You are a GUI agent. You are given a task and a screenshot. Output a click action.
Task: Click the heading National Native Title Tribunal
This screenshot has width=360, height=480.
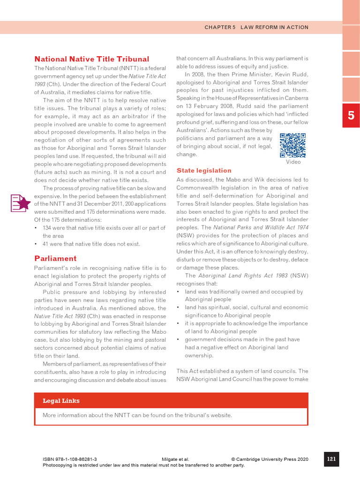click(92, 59)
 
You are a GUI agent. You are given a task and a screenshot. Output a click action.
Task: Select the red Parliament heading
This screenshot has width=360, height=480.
click(55, 258)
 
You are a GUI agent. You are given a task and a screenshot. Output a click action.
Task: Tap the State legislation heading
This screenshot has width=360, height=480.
click(204, 171)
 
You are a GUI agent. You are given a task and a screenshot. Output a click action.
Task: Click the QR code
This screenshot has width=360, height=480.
click(293, 145)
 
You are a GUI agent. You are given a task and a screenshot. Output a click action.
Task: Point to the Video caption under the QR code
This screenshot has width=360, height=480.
click(293, 162)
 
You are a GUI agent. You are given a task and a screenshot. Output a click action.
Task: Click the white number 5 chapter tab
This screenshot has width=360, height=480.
click(351, 115)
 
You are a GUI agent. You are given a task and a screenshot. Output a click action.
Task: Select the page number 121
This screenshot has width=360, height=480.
click(331, 459)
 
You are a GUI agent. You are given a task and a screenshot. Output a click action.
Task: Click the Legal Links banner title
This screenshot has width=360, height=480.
click(61, 401)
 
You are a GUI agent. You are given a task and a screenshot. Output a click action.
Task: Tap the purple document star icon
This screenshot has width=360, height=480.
click(21, 203)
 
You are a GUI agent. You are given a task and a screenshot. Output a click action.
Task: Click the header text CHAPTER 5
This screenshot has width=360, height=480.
click(220, 27)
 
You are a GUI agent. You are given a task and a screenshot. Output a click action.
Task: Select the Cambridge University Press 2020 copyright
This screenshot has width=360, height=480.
click(270, 460)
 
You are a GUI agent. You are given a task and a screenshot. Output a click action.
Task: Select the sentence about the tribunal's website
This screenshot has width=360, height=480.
click(137, 415)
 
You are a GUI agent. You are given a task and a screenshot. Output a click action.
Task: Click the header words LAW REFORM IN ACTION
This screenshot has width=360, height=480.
click(275, 27)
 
